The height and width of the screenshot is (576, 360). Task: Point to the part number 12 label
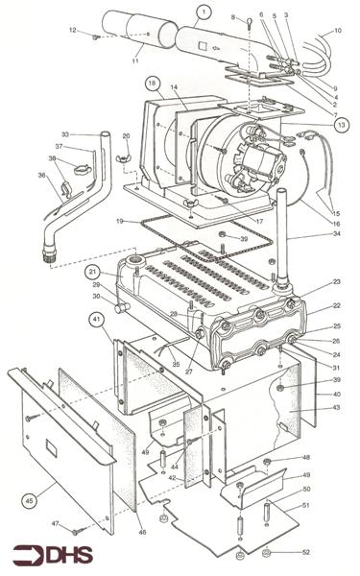(72, 32)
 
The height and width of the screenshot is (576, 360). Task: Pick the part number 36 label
(41, 175)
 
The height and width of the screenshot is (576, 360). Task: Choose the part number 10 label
(337, 31)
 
